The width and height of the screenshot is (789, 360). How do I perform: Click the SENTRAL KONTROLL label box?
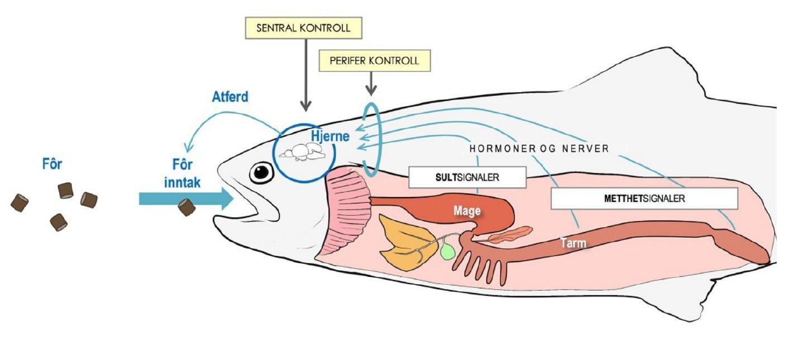(x=304, y=28)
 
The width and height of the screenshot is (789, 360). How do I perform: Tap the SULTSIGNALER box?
(x=467, y=177)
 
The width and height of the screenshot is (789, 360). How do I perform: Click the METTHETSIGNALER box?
(x=644, y=198)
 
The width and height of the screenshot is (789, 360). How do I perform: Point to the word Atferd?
(x=230, y=97)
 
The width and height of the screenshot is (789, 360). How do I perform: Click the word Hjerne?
(x=330, y=136)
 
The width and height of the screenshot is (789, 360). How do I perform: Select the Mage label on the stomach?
(x=467, y=210)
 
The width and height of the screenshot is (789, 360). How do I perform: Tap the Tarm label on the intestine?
(x=573, y=243)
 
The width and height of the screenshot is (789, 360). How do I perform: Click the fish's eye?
(x=261, y=172)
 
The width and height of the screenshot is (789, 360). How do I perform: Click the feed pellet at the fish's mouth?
(x=187, y=208)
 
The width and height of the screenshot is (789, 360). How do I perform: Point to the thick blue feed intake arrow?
(x=184, y=198)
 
